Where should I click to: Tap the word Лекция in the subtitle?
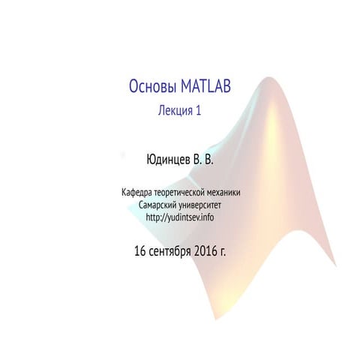(174, 111)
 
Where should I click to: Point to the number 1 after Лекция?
(199, 111)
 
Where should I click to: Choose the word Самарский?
(159, 205)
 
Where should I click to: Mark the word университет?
(202, 205)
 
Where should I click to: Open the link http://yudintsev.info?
(181, 217)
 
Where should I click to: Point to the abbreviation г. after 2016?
(223, 250)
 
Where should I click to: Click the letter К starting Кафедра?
(124, 193)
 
